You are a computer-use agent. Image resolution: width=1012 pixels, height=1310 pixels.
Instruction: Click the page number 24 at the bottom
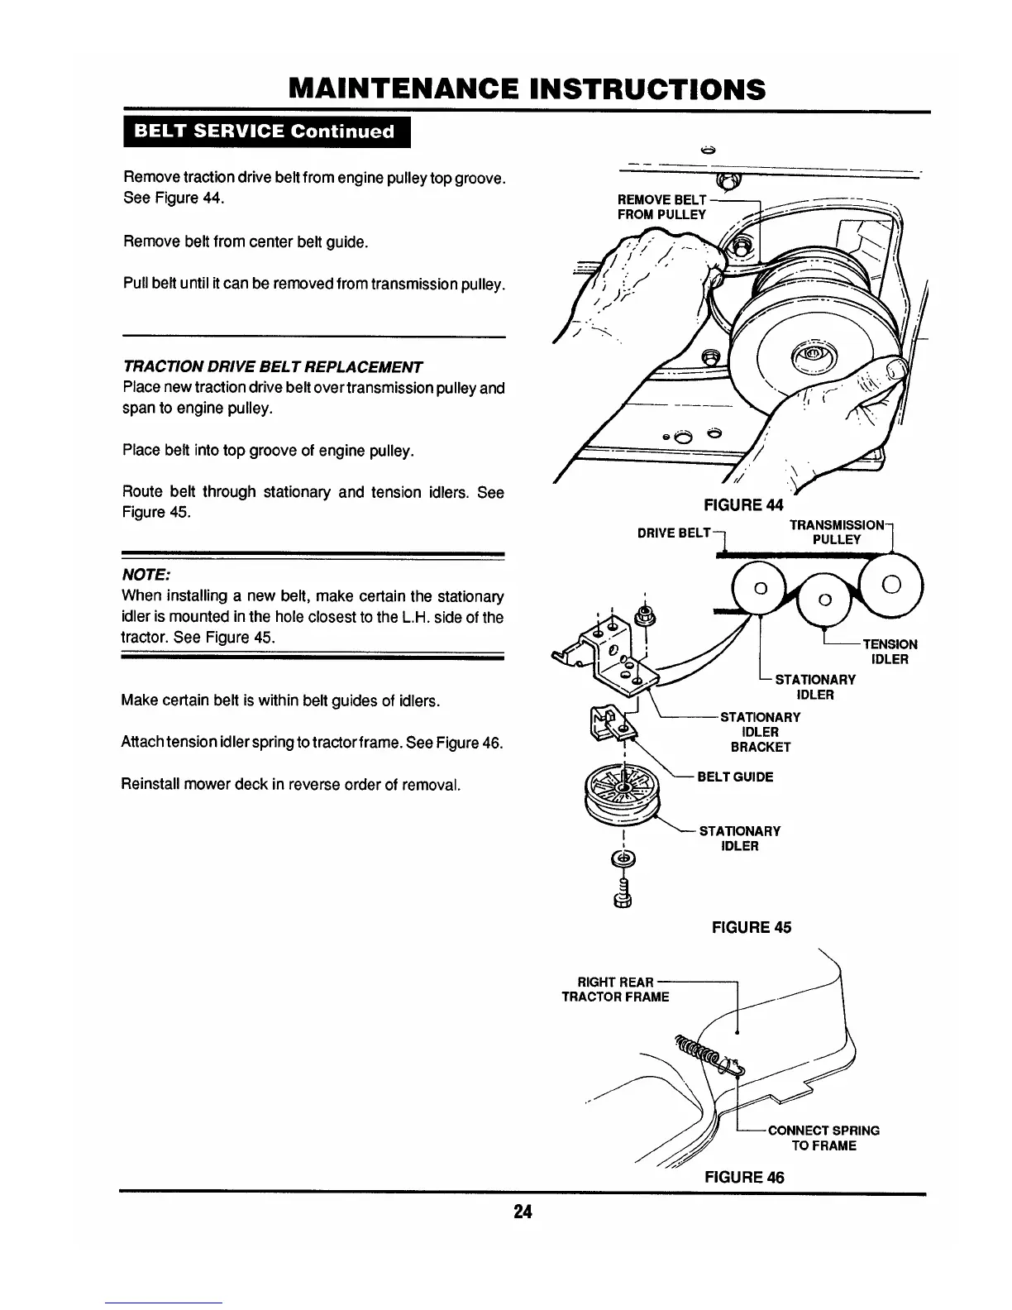click(522, 1212)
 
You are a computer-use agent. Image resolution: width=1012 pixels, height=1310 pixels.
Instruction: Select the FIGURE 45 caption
click(751, 927)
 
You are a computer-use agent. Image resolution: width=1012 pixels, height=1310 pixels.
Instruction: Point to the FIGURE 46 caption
click(743, 1176)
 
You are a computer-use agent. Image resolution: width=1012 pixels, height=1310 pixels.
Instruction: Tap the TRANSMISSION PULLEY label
click(836, 533)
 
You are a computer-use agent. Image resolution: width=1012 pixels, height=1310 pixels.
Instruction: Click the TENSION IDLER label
click(890, 652)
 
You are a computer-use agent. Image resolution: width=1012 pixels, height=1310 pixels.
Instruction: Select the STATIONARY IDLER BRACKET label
click(760, 732)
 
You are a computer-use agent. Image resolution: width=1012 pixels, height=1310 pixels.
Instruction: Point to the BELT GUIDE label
click(736, 777)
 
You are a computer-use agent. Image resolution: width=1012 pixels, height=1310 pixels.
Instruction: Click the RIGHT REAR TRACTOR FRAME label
click(615, 989)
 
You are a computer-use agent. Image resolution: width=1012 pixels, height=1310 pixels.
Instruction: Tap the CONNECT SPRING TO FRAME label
click(823, 1138)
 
